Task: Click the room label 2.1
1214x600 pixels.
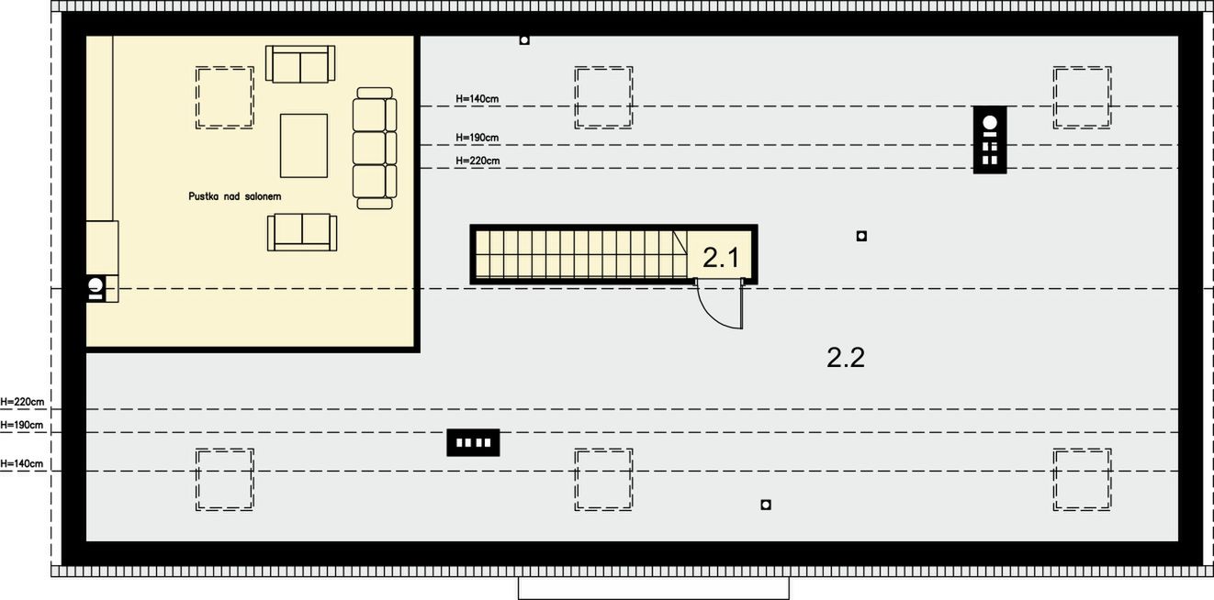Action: coord(720,257)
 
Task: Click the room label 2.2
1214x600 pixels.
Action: coord(846,358)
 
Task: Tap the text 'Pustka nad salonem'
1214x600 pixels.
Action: coord(235,196)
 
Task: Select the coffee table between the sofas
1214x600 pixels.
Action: coord(303,146)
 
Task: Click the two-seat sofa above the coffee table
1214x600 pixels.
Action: coord(300,64)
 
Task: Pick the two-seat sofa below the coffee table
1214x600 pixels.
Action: coord(302,232)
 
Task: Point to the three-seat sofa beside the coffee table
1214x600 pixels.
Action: coord(374,149)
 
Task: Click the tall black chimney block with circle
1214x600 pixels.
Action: coord(990,139)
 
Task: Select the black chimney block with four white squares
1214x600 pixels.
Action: coord(473,442)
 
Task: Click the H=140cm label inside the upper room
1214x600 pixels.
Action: coord(477,98)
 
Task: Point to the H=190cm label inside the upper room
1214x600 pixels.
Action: coord(477,138)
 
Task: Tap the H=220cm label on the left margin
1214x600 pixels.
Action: coord(22,402)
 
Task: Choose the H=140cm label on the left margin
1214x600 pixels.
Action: coord(22,463)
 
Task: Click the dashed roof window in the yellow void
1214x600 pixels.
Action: coord(224,97)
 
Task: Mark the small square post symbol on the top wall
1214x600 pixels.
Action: coord(524,40)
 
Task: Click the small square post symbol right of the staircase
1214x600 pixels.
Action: coord(861,236)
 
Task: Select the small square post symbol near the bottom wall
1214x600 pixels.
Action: coord(766,505)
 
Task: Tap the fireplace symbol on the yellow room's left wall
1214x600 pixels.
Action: coord(96,288)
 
